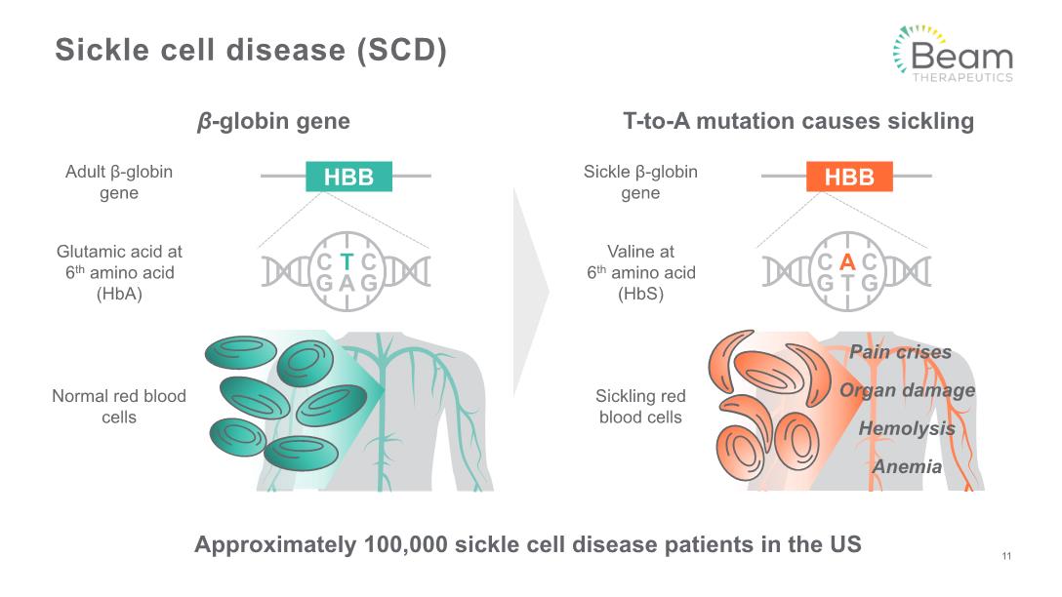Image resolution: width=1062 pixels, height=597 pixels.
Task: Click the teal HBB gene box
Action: (348, 177)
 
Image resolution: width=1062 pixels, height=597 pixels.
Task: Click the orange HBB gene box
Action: (849, 177)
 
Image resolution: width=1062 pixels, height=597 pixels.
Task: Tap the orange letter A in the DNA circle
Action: (847, 261)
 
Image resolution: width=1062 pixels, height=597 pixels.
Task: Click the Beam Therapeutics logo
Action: (952, 55)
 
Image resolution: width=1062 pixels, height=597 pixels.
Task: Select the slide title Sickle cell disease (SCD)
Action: (251, 51)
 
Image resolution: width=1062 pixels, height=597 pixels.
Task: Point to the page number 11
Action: (1006, 557)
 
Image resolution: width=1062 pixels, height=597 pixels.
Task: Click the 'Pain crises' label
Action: (900, 352)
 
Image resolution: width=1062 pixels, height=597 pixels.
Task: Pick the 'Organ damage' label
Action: (907, 390)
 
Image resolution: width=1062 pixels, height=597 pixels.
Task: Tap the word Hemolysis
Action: (907, 428)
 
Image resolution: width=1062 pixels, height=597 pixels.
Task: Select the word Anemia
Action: (907, 466)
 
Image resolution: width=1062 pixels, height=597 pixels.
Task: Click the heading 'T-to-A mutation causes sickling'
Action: (798, 122)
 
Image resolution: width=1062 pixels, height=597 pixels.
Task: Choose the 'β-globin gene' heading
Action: (273, 122)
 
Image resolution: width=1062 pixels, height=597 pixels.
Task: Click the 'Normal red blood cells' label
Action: (119, 407)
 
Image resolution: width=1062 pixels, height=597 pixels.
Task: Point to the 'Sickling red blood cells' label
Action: (640, 407)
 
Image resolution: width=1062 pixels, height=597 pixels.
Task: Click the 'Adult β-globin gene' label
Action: (119, 182)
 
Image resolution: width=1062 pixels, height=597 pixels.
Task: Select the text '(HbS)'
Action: (640, 293)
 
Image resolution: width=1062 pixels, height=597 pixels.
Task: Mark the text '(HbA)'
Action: (119, 293)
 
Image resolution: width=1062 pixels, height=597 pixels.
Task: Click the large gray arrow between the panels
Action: (530, 292)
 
